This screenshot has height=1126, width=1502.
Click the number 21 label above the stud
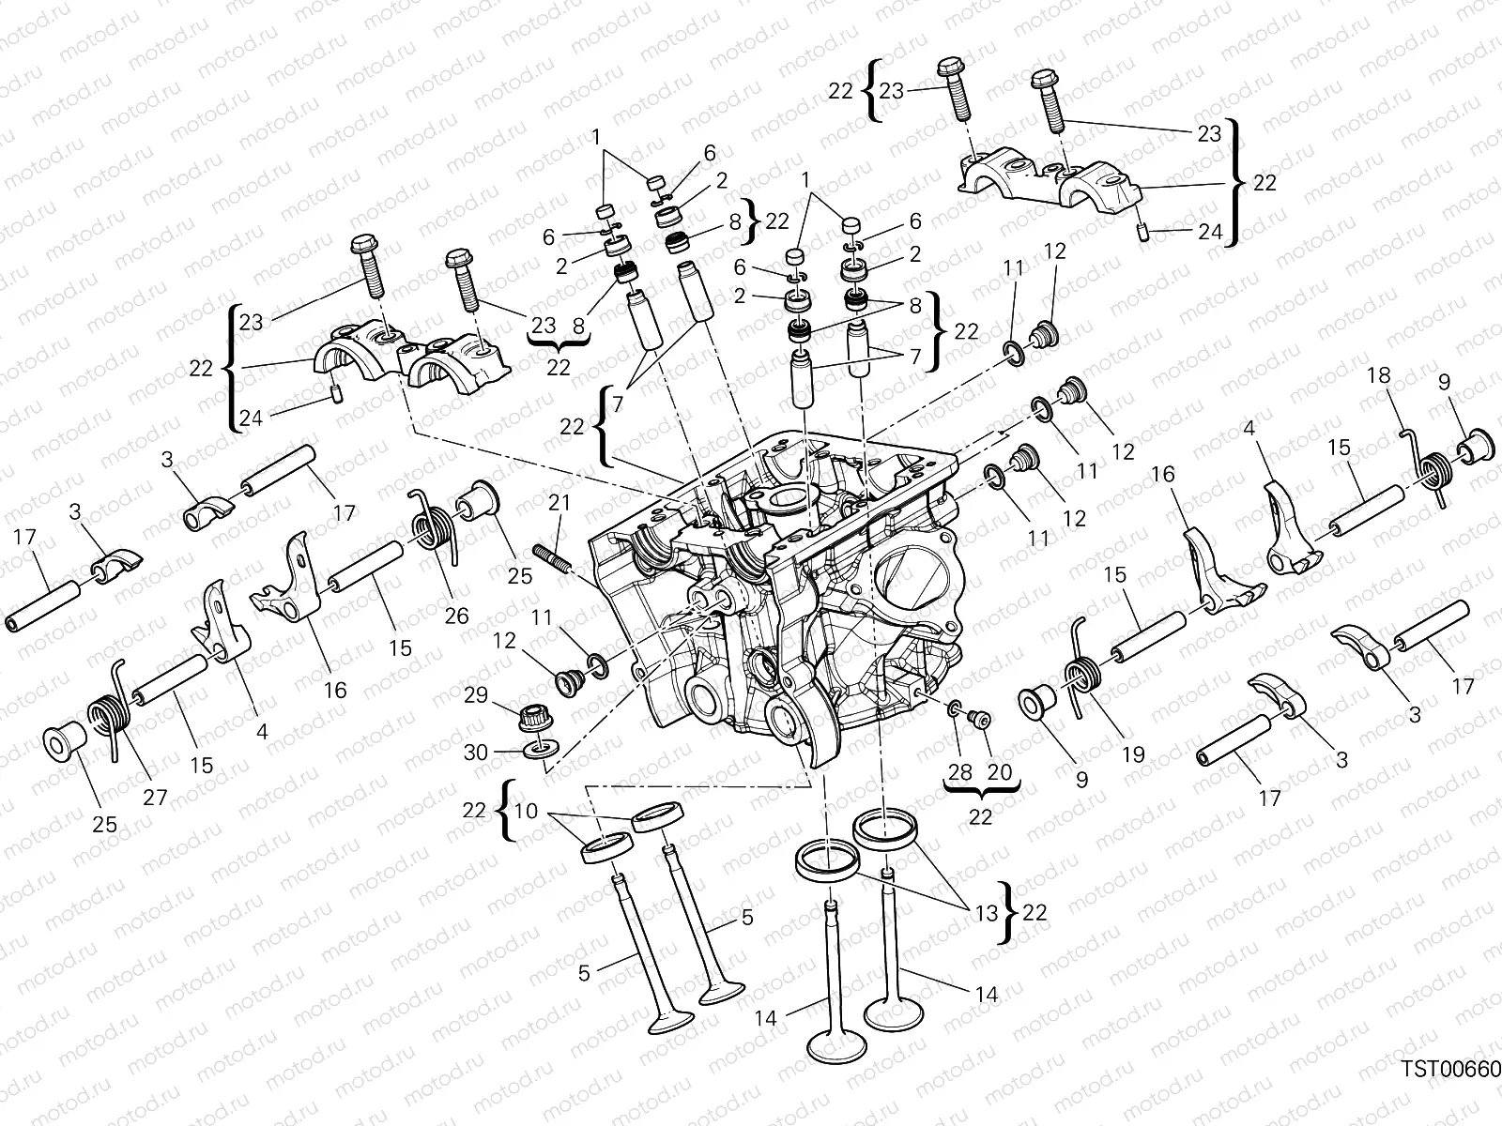[559, 503]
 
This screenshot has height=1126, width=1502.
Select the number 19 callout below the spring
[1133, 753]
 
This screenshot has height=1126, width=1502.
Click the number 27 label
[155, 798]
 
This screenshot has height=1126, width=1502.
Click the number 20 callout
[1000, 771]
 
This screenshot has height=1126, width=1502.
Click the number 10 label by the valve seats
[527, 811]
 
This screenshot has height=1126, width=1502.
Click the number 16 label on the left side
[335, 690]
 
